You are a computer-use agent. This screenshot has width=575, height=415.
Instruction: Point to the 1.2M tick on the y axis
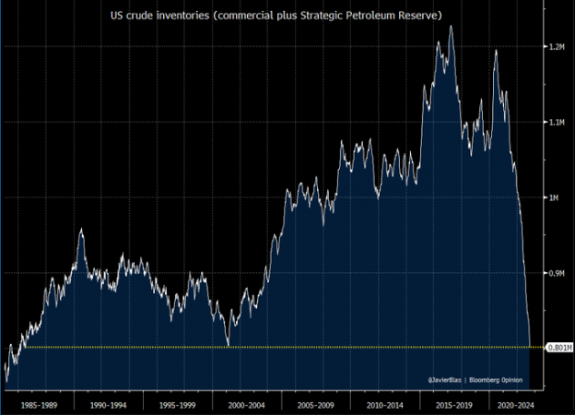(x=556, y=46)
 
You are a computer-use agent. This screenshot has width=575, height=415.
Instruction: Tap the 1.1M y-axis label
(x=556, y=122)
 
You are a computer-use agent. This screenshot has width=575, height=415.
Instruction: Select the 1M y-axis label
(x=553, y=197)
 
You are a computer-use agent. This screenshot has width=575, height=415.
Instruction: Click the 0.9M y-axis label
(x=556, y=273)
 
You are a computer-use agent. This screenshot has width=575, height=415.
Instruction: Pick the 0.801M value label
(x=559, y=348)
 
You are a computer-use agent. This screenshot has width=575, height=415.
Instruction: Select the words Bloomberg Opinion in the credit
(x=505, y=379)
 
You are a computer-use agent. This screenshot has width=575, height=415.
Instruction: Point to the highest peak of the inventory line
(x=451, y=26)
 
